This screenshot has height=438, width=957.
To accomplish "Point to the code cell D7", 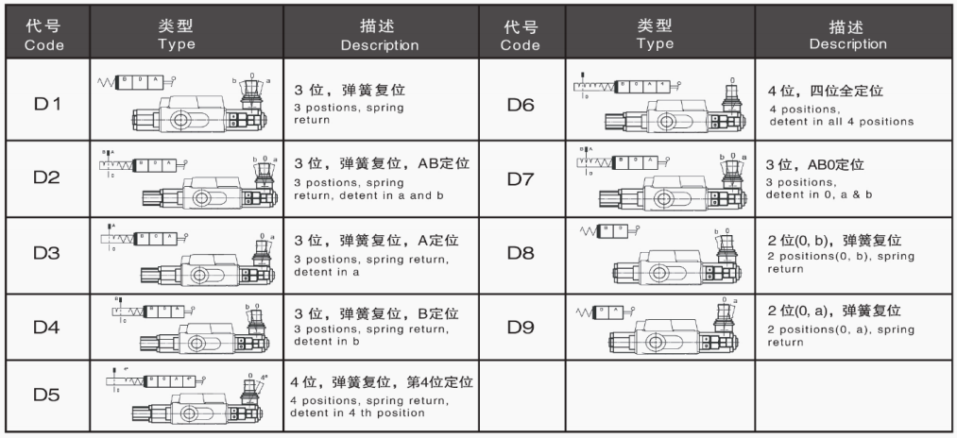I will [x=521, y=179].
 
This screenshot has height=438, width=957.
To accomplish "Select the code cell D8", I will [x=521, y=254].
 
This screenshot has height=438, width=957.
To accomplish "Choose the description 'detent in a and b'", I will [x=359, y=195].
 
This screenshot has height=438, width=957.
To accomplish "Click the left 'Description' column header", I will [x=379, y=37].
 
